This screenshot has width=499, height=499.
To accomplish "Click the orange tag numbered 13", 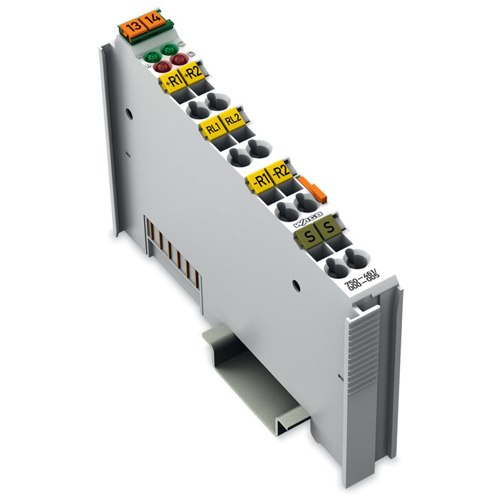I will pyautogui.click(x=130, y=28).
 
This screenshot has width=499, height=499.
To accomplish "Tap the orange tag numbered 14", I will pyautogui.click(x=151, y=21).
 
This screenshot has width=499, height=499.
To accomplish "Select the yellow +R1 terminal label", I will pyautogui.click(x=173, y=81).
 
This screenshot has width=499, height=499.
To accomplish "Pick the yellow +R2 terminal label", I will pyautogui.click(x=193, y=73).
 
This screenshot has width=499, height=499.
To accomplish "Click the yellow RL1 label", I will pyautogui.click(x=212, y=128).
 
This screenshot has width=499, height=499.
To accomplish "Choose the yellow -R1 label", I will pyautogui.click(x=260, y=180).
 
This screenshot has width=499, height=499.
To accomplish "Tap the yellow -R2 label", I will pyautogui.click(x=281, y=170).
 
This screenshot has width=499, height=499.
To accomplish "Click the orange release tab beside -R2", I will pyautogui.click(x=312, y=190).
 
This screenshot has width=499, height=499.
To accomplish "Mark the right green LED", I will pyautogui.click(x=169, y=48).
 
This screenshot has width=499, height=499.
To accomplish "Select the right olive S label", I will pyautogui.click(x=328, y=227).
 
